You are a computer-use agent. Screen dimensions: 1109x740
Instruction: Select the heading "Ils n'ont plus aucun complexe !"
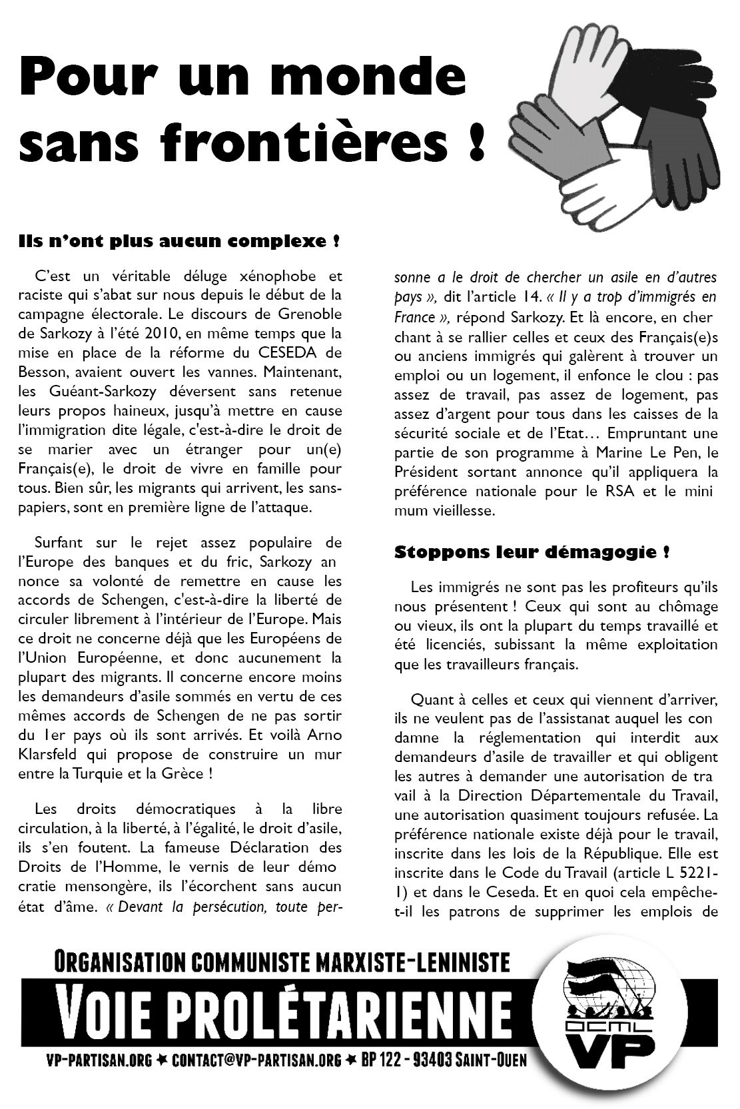[179, 240]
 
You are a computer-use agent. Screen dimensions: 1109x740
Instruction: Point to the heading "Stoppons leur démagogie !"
[532, 552]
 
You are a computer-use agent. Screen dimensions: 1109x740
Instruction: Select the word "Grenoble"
[310, 313]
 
